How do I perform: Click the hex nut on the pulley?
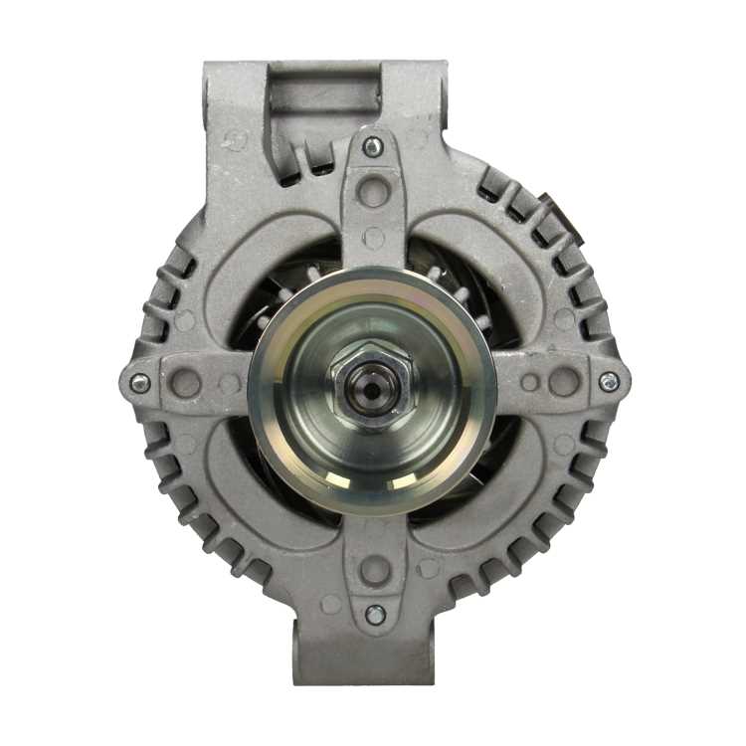pos(371,386)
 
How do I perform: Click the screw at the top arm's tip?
pos(373,147)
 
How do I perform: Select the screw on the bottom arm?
pos(375,615)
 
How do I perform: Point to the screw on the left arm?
pos(140,383)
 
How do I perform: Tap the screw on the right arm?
pos(609,382)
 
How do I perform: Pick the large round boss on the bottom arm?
pos(375,570)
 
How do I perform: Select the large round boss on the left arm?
pos(186,383)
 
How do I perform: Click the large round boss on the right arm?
pos(564,382)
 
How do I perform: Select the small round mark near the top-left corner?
pos(236,140)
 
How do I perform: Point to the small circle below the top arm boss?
pos(374,238)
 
